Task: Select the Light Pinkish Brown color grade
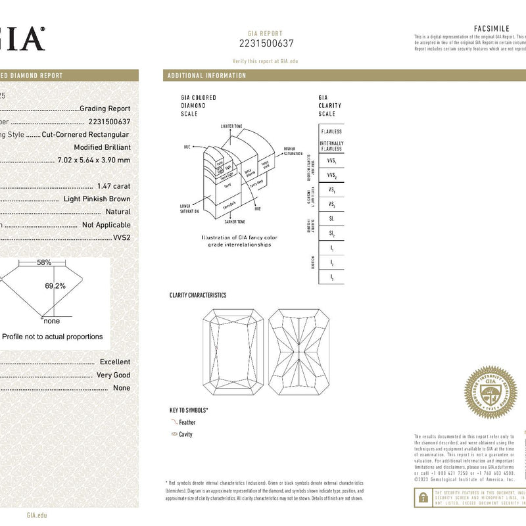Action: click(x=97, y=199)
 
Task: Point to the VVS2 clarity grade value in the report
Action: click(x=122, y=237)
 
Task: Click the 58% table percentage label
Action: click(x=44, y=262)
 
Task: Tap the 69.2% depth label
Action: click(x=55, y=286)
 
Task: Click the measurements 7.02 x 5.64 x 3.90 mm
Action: click(x=94, y=160)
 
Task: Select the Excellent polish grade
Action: click(x=115, y=362)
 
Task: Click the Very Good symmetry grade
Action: click(x=113, y=375)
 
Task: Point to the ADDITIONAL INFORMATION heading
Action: click(x=206, y=76)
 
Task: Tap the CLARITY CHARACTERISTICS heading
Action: click(x=198, y=296)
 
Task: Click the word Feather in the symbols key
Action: click(x=187, y=422)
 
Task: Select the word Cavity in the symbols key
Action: click(x=185, y=435)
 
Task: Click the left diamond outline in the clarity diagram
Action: click(x=230, y=352)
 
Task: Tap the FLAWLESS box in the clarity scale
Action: click(x=331, y=131)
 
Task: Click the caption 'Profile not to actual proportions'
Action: click(x=53, y=337)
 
